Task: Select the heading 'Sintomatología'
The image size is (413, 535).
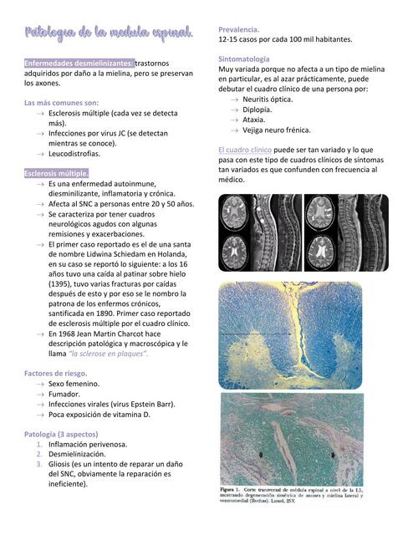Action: pyautogui.click(x=243, y=59)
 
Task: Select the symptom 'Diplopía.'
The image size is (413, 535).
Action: pyautogui.click(x=257, y=110)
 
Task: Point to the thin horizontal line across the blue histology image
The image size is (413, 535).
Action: pyautogui.click(x=255, y=334)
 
